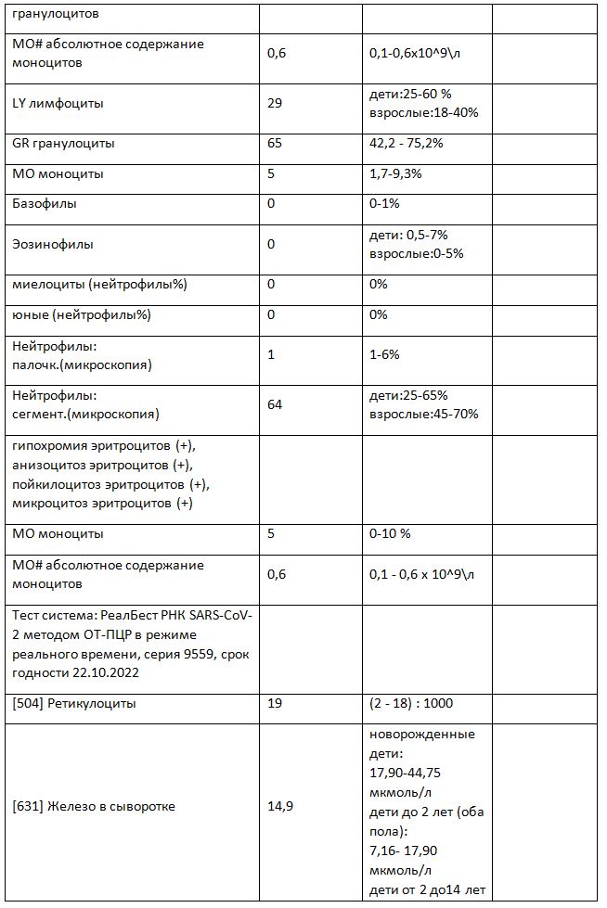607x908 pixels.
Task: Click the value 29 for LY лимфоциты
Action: pos(274,104)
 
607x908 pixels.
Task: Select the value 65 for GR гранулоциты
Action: pos(274,144)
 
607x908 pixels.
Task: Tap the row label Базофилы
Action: pos(45,203)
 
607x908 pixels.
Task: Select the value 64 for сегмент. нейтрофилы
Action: pos(274,405)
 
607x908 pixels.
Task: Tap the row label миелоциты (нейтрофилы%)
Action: pos(100,285)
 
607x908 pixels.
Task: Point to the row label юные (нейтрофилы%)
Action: pos(82,314)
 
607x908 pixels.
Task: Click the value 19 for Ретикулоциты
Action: pos(274,704)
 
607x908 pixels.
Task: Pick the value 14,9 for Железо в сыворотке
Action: pos(280,807)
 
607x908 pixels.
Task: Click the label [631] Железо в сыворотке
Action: pos(94,807)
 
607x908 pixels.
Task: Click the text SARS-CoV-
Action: pos(210,615)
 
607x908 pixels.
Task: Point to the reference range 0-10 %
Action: pos(390,534)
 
